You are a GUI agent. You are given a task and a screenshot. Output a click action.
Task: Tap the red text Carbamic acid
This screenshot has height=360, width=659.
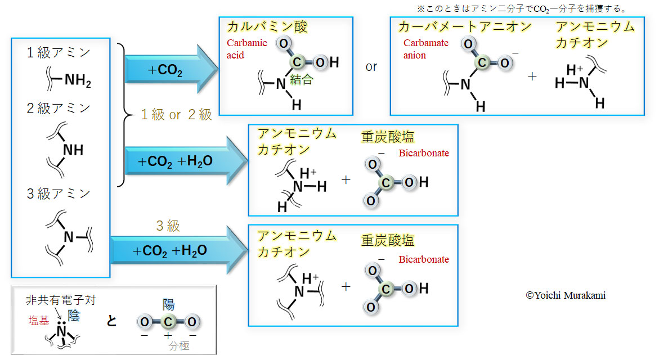(246, 49)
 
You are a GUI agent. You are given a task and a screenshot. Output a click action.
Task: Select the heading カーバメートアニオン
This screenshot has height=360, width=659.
(465, 27)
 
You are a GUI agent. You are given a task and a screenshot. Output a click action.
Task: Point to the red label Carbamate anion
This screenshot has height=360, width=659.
(425, 49)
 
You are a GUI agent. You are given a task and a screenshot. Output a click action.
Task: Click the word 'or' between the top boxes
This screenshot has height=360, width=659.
(371, 66)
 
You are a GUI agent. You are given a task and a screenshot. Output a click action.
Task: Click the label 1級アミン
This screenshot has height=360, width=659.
(59, 53)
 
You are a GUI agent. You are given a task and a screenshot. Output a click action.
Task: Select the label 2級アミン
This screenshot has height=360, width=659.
(59, 108)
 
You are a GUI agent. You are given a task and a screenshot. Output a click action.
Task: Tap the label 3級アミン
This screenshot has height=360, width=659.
(59, 194)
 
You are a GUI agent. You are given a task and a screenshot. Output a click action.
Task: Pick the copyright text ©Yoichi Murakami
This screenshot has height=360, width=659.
(566, 295)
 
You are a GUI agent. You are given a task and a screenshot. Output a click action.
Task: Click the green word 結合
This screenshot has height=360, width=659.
(301, 80)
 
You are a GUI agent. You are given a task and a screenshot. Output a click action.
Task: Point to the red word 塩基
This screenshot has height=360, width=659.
(39, 321)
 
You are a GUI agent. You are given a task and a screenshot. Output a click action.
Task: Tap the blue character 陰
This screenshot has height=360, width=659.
(73, 315)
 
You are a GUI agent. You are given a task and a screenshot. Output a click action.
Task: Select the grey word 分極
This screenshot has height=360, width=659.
(179, 346)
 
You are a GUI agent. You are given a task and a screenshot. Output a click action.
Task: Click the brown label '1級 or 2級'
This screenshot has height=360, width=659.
(176, 115)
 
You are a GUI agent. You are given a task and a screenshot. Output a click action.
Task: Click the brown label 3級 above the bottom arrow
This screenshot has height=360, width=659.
(168, 226)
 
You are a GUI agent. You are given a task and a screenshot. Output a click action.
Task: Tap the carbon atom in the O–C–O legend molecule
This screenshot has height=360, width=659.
(168, 322)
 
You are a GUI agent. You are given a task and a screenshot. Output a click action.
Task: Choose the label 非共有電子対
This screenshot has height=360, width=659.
(61, 300)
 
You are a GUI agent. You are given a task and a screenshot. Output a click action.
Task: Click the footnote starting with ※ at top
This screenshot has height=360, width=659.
(521, 9)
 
